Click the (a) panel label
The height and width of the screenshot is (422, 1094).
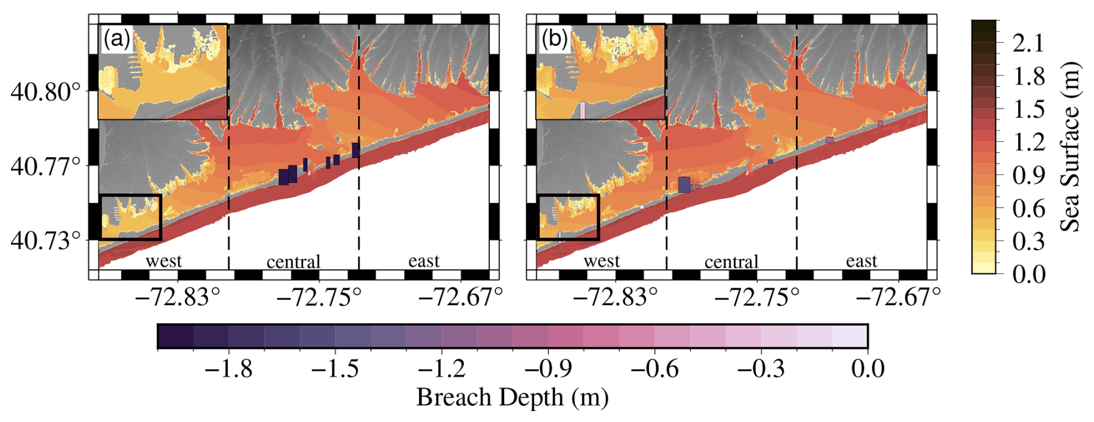117,39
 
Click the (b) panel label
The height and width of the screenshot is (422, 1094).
555,39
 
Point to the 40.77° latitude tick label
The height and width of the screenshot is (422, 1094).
45,166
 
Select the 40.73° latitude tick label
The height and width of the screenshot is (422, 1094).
45,240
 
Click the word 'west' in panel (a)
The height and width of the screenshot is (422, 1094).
164,261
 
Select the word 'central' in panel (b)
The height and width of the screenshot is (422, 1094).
731,262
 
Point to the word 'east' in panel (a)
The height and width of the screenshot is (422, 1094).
424,261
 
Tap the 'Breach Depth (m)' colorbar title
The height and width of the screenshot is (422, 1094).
512,398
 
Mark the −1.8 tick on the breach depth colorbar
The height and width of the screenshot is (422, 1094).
229,369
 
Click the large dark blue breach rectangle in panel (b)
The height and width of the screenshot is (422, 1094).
685,184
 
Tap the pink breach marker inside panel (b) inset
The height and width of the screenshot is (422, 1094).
582,110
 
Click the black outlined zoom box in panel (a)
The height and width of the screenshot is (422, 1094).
130,217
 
